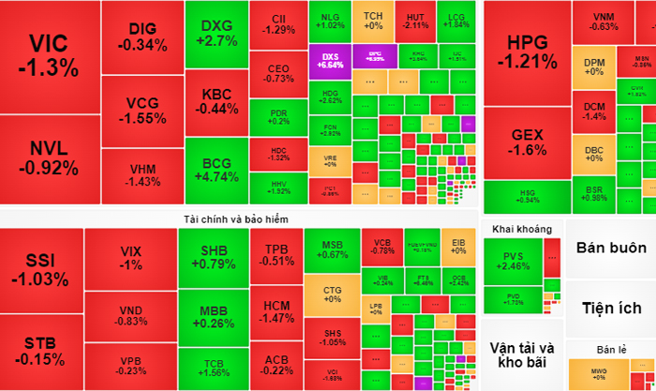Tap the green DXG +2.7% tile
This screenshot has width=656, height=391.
click(216, 33)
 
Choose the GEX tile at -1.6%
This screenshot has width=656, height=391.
click(528, 143)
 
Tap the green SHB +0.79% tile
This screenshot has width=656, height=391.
click(212, 256)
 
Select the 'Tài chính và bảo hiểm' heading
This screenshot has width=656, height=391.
click(236, 218)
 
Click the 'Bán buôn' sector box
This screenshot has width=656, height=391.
click(611, 248)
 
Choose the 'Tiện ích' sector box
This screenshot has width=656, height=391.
click(611, 308)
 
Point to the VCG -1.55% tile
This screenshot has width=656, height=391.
click(142, 112)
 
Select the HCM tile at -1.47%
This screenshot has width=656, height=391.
click(276, 311)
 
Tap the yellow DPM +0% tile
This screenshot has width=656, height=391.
click(594, 68)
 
